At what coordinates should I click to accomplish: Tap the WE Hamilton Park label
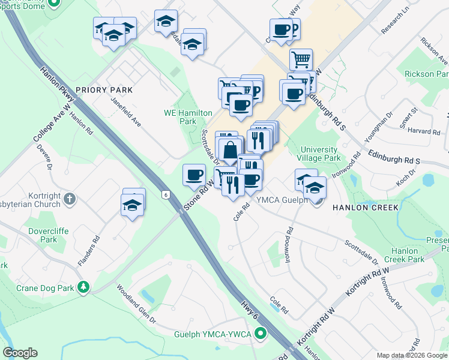188,117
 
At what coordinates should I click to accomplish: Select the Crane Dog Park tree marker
84,288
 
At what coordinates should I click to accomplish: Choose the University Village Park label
321,154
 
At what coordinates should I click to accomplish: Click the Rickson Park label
427,74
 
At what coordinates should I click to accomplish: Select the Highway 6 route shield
164,194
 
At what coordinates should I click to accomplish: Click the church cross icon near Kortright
70,199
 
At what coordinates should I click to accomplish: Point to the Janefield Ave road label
125,112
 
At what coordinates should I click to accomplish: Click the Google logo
20,353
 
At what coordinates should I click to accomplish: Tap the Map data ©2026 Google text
411,355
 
